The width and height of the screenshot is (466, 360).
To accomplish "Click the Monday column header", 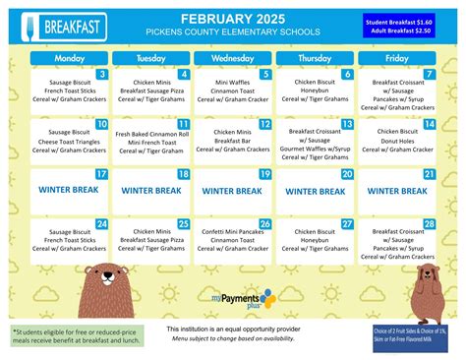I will point(69,58).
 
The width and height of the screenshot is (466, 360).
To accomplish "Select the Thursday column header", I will point(315,58).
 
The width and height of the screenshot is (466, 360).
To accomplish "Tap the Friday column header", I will point(396,58).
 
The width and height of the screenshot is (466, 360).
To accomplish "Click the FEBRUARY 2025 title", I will point(233,17).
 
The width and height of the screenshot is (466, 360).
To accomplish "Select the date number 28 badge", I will point(430,223).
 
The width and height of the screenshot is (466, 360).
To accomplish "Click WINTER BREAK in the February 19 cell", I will point(233,190).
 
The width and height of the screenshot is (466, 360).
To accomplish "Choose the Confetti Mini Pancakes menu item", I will point(233,230).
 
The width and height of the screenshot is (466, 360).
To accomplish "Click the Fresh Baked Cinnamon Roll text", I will point(150,133).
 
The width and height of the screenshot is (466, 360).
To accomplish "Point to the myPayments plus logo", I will point(244,296).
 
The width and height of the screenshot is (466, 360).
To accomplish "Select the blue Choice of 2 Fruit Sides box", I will point(416,335).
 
